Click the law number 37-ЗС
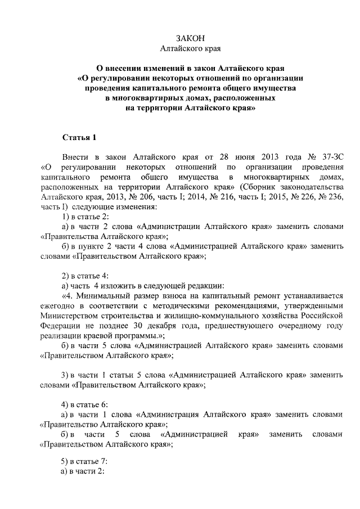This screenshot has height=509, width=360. [329, 157]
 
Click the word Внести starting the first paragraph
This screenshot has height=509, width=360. [76, 157]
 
